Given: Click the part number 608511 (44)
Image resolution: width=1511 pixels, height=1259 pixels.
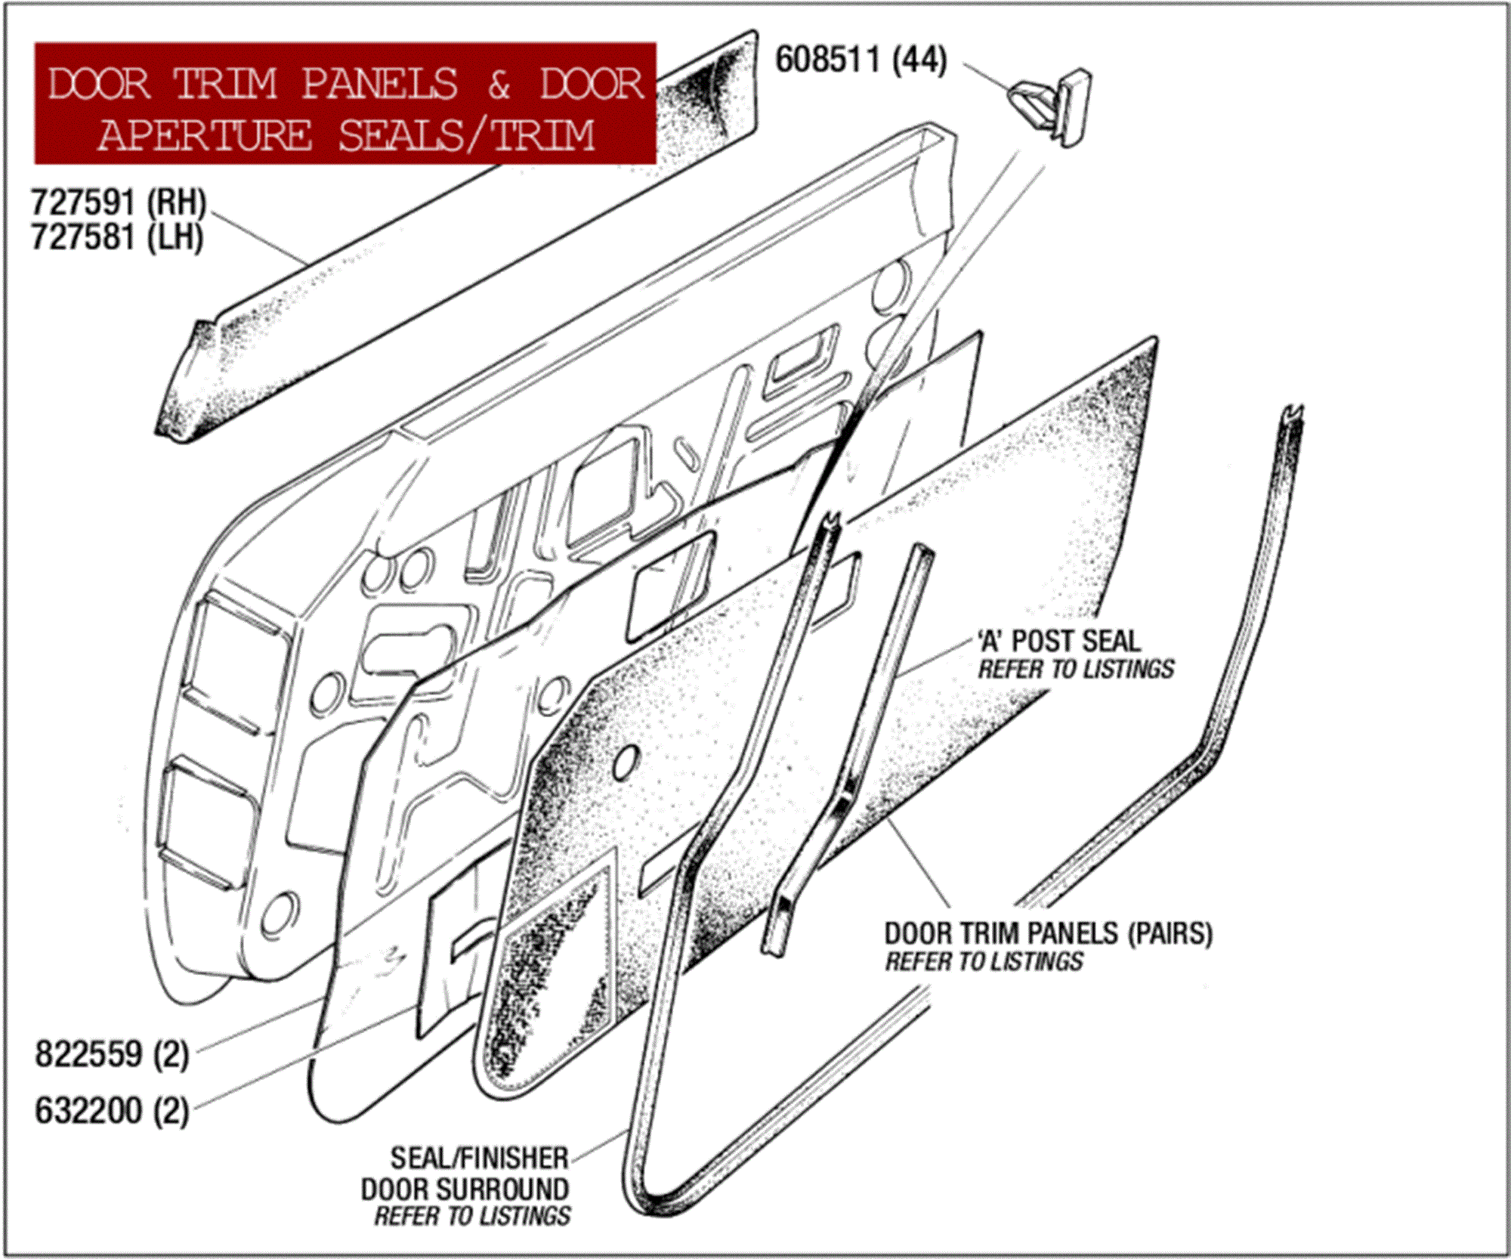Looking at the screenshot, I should (x=861, y=60).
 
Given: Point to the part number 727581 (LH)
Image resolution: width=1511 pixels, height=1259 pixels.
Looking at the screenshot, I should (x=117, y=237).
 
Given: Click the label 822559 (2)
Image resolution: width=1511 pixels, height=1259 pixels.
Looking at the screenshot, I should (x=112, y=1053).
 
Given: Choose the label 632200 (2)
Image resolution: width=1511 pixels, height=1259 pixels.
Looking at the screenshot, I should (x=112, y=1110).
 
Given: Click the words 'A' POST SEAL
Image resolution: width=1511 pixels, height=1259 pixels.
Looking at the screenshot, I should (x=1058, y=641).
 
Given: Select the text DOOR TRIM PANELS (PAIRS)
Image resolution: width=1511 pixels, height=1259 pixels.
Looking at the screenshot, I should (x=1048, y=933).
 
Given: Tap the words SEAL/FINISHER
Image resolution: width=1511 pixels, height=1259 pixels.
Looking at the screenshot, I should (x=479, y=1158).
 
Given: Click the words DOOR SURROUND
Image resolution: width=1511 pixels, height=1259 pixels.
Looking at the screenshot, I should (x=465, y=1189).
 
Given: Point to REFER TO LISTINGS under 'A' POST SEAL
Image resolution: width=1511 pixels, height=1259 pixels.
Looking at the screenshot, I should (x=1076, y=670).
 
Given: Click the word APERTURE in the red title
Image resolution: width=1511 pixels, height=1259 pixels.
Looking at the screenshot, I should (x=205, y=135).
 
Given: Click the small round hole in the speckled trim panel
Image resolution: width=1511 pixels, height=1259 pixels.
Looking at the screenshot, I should (x=624, y=763).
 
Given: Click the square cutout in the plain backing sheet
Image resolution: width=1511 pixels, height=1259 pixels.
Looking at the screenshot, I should (x=670, y=586).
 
